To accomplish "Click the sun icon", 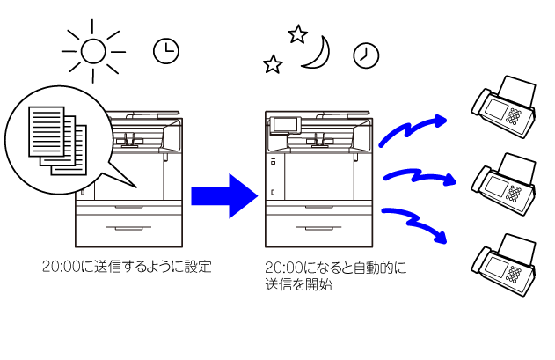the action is click(93, 52).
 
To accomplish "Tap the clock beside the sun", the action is click(166, 51).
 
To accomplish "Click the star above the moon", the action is click(297, 34).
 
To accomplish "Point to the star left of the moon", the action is click(273, 64).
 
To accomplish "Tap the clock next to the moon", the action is click(366, 55).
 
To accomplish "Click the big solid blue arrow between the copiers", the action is click(224, 196).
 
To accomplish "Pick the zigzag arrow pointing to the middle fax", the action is click(420, 176).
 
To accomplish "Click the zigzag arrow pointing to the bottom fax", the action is click(414, 223).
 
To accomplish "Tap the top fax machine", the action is click(503, 107).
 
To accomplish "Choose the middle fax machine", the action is click(503, 184).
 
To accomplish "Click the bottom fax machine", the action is click(503, 264).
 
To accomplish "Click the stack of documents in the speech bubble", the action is click(58, 141).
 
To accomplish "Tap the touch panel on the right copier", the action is click(285, 126).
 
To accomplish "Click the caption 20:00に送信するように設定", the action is click(127, 267).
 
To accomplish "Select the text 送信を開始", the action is click(298, 284).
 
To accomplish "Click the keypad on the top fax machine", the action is click(514, 116).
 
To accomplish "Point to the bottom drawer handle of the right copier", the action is click(319, 228).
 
